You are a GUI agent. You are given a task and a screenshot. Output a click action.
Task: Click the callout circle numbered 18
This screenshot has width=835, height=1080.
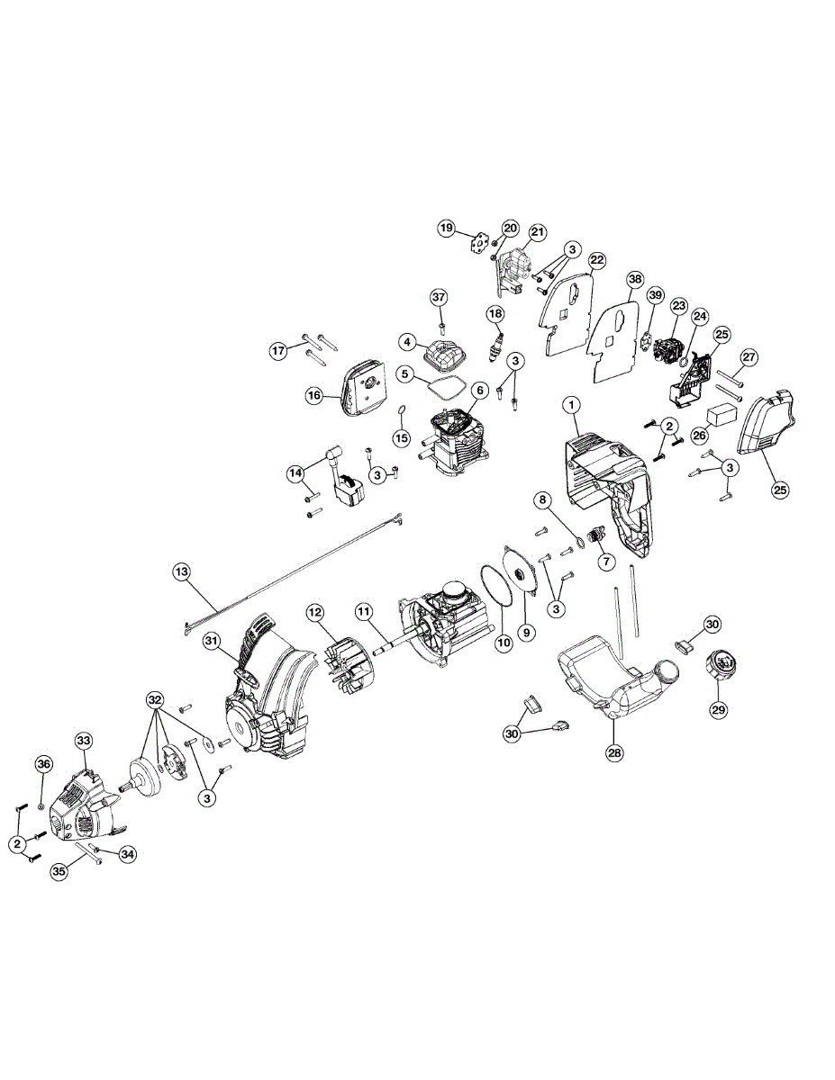click(x=495, y=313)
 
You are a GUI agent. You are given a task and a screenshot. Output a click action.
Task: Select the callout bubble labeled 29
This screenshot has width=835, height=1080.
click(x=718, y=709)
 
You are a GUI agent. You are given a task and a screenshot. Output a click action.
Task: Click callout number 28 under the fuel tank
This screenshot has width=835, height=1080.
click(x=615, y=753)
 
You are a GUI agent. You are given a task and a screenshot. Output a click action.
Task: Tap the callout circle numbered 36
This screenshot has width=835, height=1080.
click(x=43, y=763)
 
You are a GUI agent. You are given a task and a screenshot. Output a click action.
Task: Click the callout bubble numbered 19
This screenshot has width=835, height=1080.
click(x=447, y=229)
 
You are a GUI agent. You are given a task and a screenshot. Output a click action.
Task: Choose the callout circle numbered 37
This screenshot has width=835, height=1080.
click(x=439, y=297)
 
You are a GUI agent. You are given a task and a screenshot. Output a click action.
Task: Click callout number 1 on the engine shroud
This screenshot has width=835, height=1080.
click(x=571, y=406)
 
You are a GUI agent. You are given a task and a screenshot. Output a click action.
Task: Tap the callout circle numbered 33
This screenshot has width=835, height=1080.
click(x=83, y=740)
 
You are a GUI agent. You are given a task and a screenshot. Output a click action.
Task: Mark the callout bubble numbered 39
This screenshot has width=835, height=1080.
click(x=655, y=295)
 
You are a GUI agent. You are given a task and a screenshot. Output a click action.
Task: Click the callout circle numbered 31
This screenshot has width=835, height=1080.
click(x=212, y=641)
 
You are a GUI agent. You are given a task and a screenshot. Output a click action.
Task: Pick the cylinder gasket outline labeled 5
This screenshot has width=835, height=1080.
click(x=441, y=390)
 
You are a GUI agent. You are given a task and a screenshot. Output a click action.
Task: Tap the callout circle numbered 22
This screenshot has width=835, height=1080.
click(x=596, y=261)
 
